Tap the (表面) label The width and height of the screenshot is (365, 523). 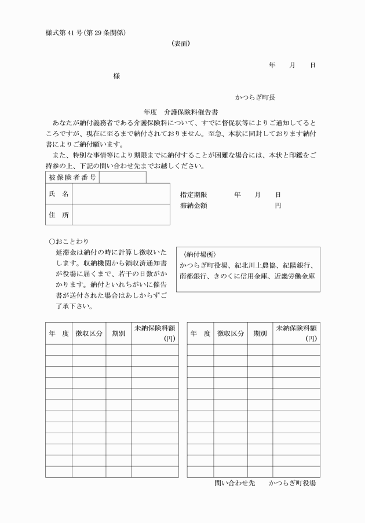182,43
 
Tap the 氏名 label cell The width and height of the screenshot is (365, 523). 58,193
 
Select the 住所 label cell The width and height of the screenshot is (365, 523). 58,214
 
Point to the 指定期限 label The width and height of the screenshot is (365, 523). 194,195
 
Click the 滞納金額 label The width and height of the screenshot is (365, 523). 194,206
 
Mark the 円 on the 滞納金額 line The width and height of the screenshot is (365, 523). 278,206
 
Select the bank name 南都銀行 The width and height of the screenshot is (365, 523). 194,276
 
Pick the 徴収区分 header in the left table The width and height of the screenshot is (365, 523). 87,334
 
